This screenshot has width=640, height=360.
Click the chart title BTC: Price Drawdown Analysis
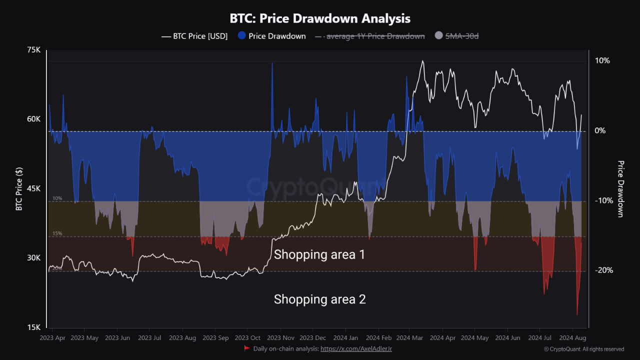(x=320, y=18)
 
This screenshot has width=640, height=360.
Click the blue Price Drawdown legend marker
(x=241, y=36)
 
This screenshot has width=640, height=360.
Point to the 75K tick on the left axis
(x=33, y=50)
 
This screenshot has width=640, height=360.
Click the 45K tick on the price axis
(x=33, y=188)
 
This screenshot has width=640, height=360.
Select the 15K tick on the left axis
(x=33, y=327)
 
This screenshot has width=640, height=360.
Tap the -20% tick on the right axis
(x=603, y=270)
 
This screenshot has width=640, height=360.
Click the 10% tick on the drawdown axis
(x=602, y=60)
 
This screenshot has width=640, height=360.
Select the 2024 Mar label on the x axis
(x=409, y=338)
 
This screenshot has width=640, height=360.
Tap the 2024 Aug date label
(x=572, y=338)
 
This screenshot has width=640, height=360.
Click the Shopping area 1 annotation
(x=319, y=254)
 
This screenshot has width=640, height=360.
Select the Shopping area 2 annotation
(x=319, y=299)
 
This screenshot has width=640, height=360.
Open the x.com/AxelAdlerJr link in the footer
(x=356, y=348)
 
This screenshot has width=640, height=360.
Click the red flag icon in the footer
(x=246, y=348)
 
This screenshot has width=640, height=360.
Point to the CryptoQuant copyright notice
(x=583, y=349)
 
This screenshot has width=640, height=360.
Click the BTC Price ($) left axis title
(x=19, y=188)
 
